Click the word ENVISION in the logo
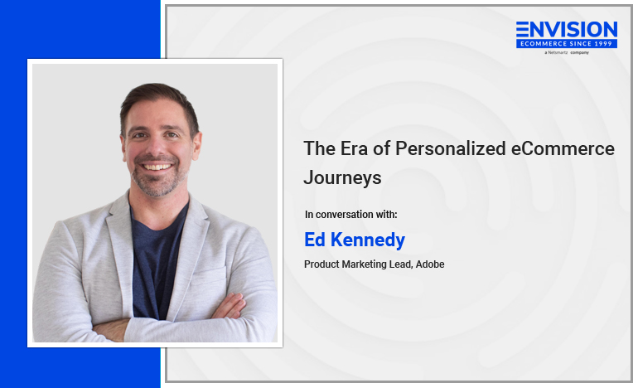(567, 30)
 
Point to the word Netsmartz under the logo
(558, 52)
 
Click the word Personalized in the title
(451, 149)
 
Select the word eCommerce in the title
(563, 148)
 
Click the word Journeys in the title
(342, 178)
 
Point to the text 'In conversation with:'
(350, 214)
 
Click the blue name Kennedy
(368, 240)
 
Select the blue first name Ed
(315, 240)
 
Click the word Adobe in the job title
(430, 264)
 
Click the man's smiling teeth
(157, 167)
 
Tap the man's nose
(157, 144)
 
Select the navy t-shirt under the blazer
(157, 260)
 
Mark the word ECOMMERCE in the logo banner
(541, 44)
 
